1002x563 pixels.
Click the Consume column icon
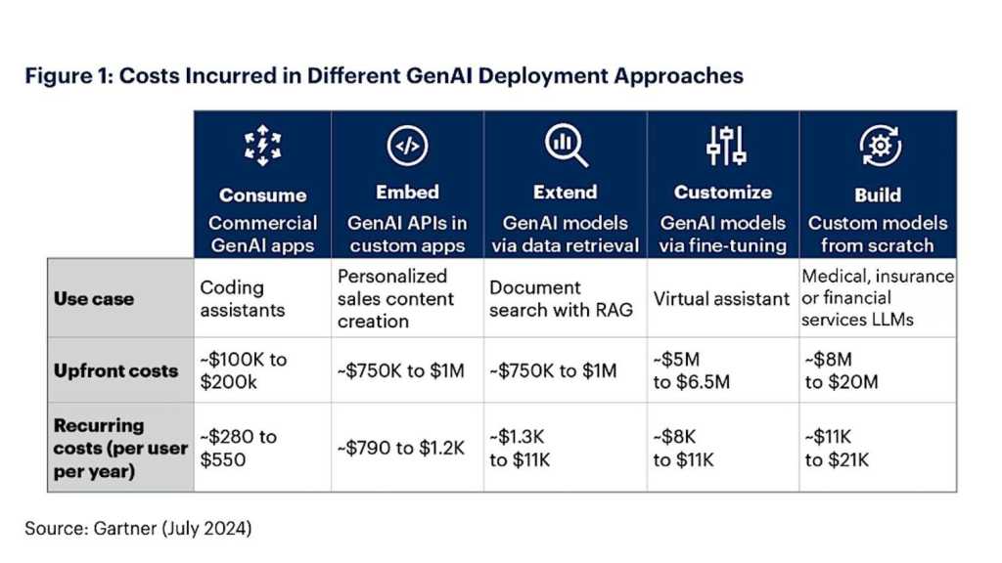click(x=262, y=148)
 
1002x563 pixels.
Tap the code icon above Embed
click(x=407, y=148)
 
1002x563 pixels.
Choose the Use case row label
click(x=95, y=298)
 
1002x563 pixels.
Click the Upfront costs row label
click(x=115, y=370)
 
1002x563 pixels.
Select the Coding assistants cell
click(x=242, y=298)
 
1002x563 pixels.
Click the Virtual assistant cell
click(x=722, y=298)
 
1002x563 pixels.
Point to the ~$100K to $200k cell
click(x=244, y=370)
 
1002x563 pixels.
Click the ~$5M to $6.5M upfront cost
click(x=692, y=370)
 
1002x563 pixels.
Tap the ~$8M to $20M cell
click(x=842, y=370)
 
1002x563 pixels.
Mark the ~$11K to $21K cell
click(x=837, y=447)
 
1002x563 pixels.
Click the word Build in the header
click(x=877, y=195)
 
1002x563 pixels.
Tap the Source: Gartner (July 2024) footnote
click(x=138, y=528)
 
